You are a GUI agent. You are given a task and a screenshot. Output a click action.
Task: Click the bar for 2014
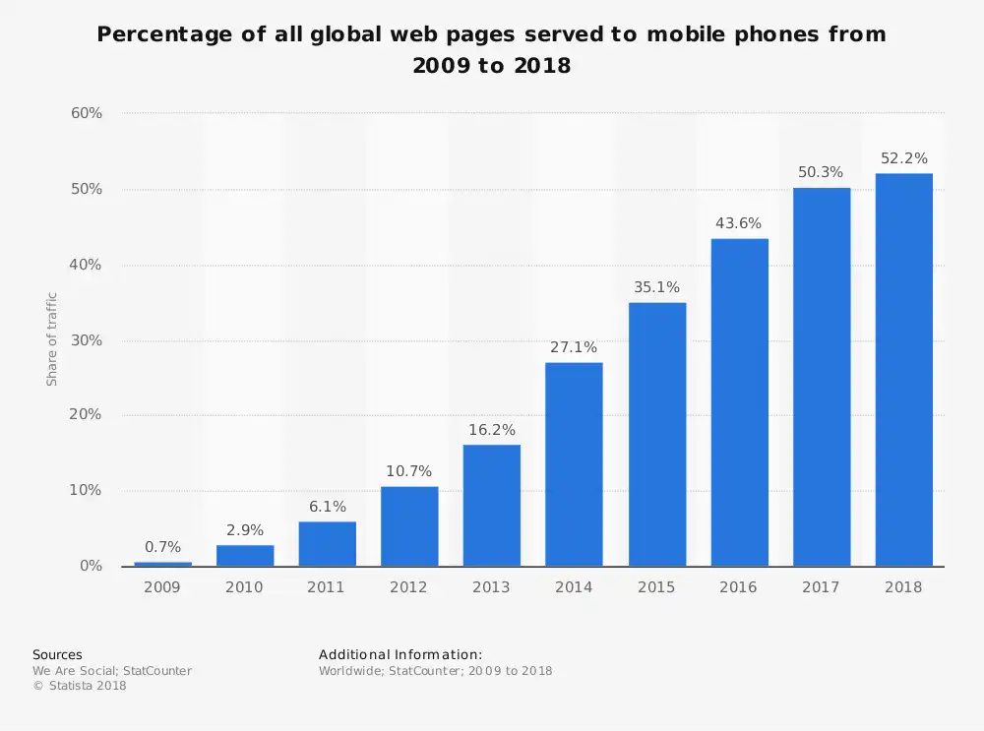pyautogui.click(x=574, y=463)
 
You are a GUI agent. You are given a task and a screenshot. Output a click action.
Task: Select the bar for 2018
pyautogui.click(x=903, y=369)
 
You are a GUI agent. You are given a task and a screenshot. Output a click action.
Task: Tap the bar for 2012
pyautogui.click(x=409, y=525)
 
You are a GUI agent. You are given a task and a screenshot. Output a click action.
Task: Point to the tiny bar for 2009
pyautogui.click(x=162, y=564)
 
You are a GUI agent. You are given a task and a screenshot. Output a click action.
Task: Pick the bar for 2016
pyautogui.click(x=739, y=401)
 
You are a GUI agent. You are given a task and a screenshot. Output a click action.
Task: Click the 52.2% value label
pyautogui.click(x=903, y=158)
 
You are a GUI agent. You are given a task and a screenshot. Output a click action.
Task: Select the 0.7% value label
pyautogui.click(x=162, y=547)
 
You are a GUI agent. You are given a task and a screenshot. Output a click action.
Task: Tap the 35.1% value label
pyautogui.click(x=656, y=287)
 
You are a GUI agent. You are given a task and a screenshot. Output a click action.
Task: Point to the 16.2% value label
pyautogui.click(x=491, y=430)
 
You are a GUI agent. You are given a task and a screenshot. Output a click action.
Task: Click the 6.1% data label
pyautogui.click(x=327, y=507)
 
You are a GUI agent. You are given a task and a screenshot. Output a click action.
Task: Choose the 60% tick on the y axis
pyautogui.click(x=87, y=113)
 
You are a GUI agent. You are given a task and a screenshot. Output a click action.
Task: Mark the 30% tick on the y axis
pyautogui.click(x=87, y=340)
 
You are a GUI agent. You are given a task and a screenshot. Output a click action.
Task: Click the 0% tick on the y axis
pyautogui.click(x=91, y=566)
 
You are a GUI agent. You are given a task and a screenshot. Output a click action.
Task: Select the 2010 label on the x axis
pyautogui.click(x=244, y=587)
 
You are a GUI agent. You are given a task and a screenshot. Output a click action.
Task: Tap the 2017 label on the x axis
pyautogui.click(x=821, y=587)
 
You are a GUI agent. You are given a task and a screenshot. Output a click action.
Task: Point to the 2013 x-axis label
pyautogui.click(x=491, y=587)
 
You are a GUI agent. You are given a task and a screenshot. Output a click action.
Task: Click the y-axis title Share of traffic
pyautogui.click(x=52, y=339)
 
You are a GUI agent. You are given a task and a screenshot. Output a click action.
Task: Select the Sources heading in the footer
pyautogui.click(x=57, y=654)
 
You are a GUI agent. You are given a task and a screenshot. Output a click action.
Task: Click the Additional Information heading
pyautogui.click(x=400, y=654)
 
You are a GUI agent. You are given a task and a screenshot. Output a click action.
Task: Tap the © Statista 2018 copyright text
pyautogui.click(x=80, y=686)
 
